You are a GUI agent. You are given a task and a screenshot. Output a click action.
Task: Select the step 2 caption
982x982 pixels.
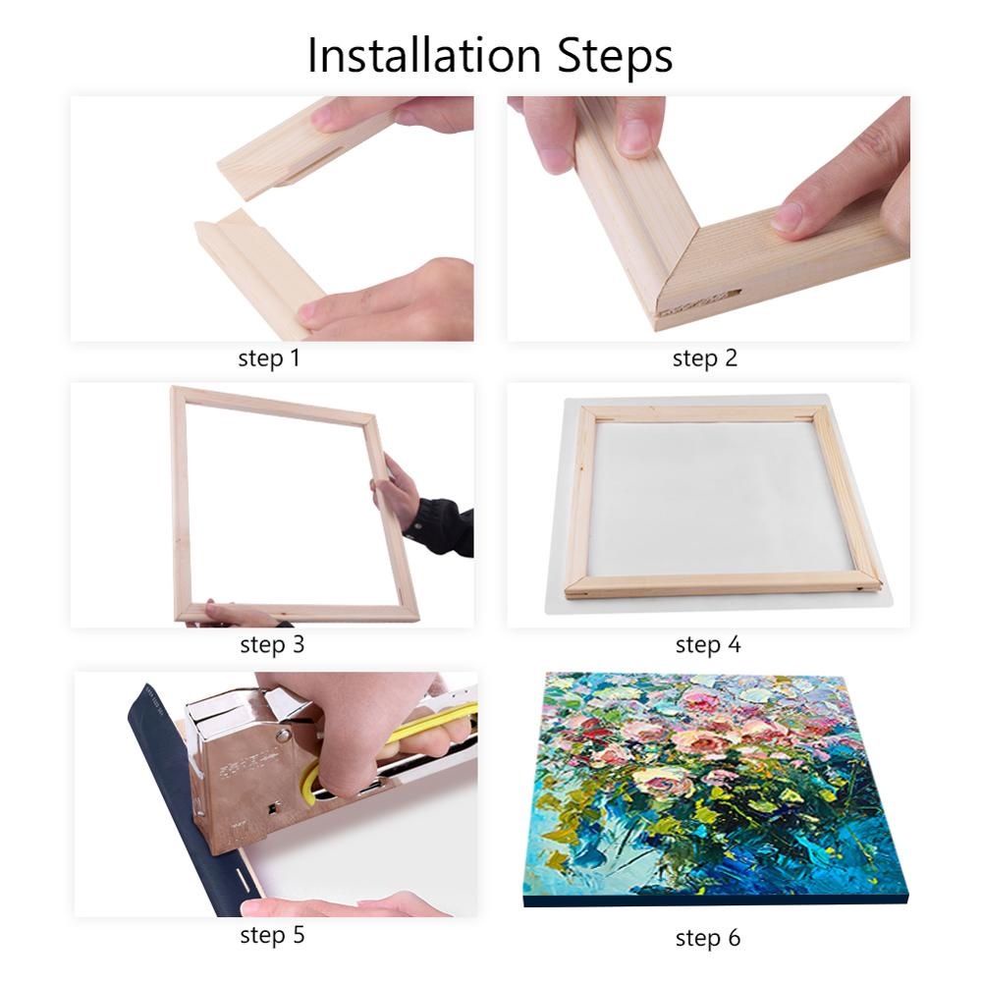(x=704, y=358)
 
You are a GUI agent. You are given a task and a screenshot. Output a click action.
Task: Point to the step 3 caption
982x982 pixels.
(x=272, y=645)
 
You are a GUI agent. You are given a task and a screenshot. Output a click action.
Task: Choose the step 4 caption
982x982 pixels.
(x=707, y=645)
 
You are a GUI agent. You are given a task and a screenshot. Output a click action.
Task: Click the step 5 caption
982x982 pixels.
(x=272, y=935)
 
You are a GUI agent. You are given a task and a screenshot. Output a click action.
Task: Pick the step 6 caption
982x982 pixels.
(x=707, y=939)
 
